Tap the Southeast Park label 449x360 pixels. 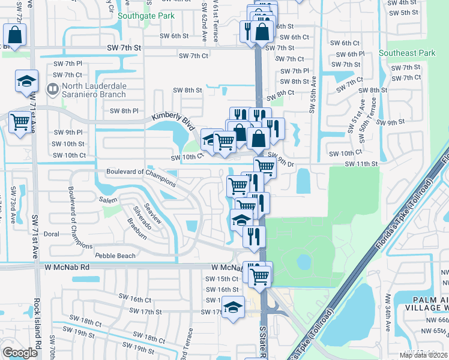pyautogui.click(x=407, y=53)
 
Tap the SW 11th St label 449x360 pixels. pyautogui.click(x=360, y=163)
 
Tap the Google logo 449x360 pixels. pyautogui.click(x=20, y=353)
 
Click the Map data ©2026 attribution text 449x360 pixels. pyautogui.click(x=423, y=355)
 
